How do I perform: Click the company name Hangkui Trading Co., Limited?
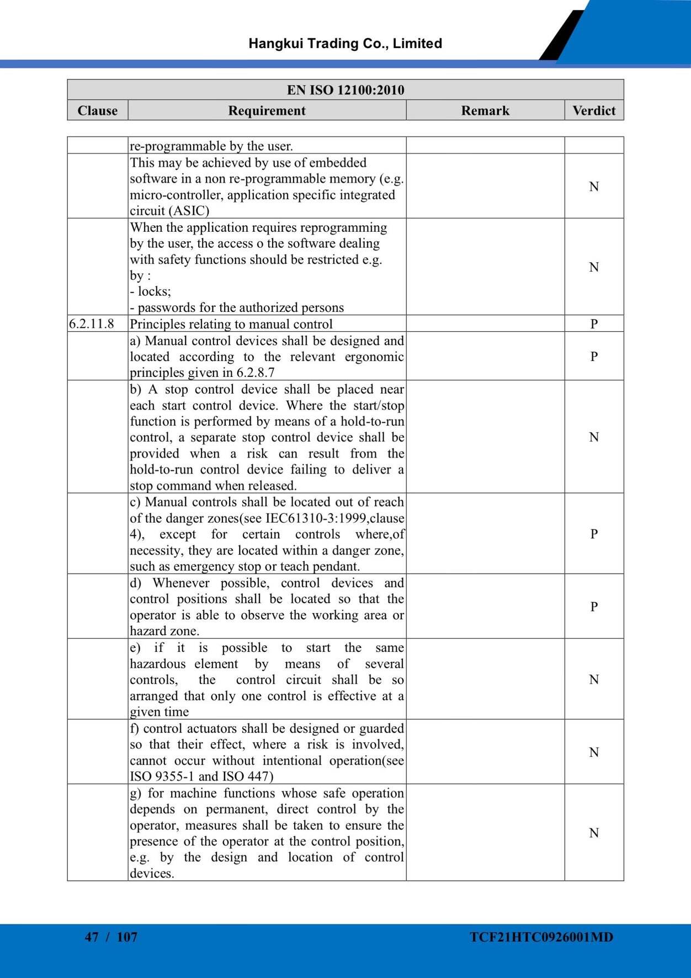345,44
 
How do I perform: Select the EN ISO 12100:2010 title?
345,89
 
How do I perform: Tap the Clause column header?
98,110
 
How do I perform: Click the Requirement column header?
267,110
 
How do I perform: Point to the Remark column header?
485,110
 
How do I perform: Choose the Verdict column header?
594,110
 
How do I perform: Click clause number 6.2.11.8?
92,323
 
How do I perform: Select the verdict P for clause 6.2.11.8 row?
594,323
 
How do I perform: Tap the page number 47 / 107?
111,937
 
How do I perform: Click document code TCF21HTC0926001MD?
541,937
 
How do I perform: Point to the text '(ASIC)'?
189,211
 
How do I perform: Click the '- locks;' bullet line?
151,291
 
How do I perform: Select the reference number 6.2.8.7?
256,373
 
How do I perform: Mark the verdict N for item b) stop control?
594,437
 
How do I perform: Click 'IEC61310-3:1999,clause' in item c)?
335,518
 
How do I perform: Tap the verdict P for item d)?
594,607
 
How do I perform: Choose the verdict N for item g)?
594,833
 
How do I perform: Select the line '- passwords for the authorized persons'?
237,307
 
